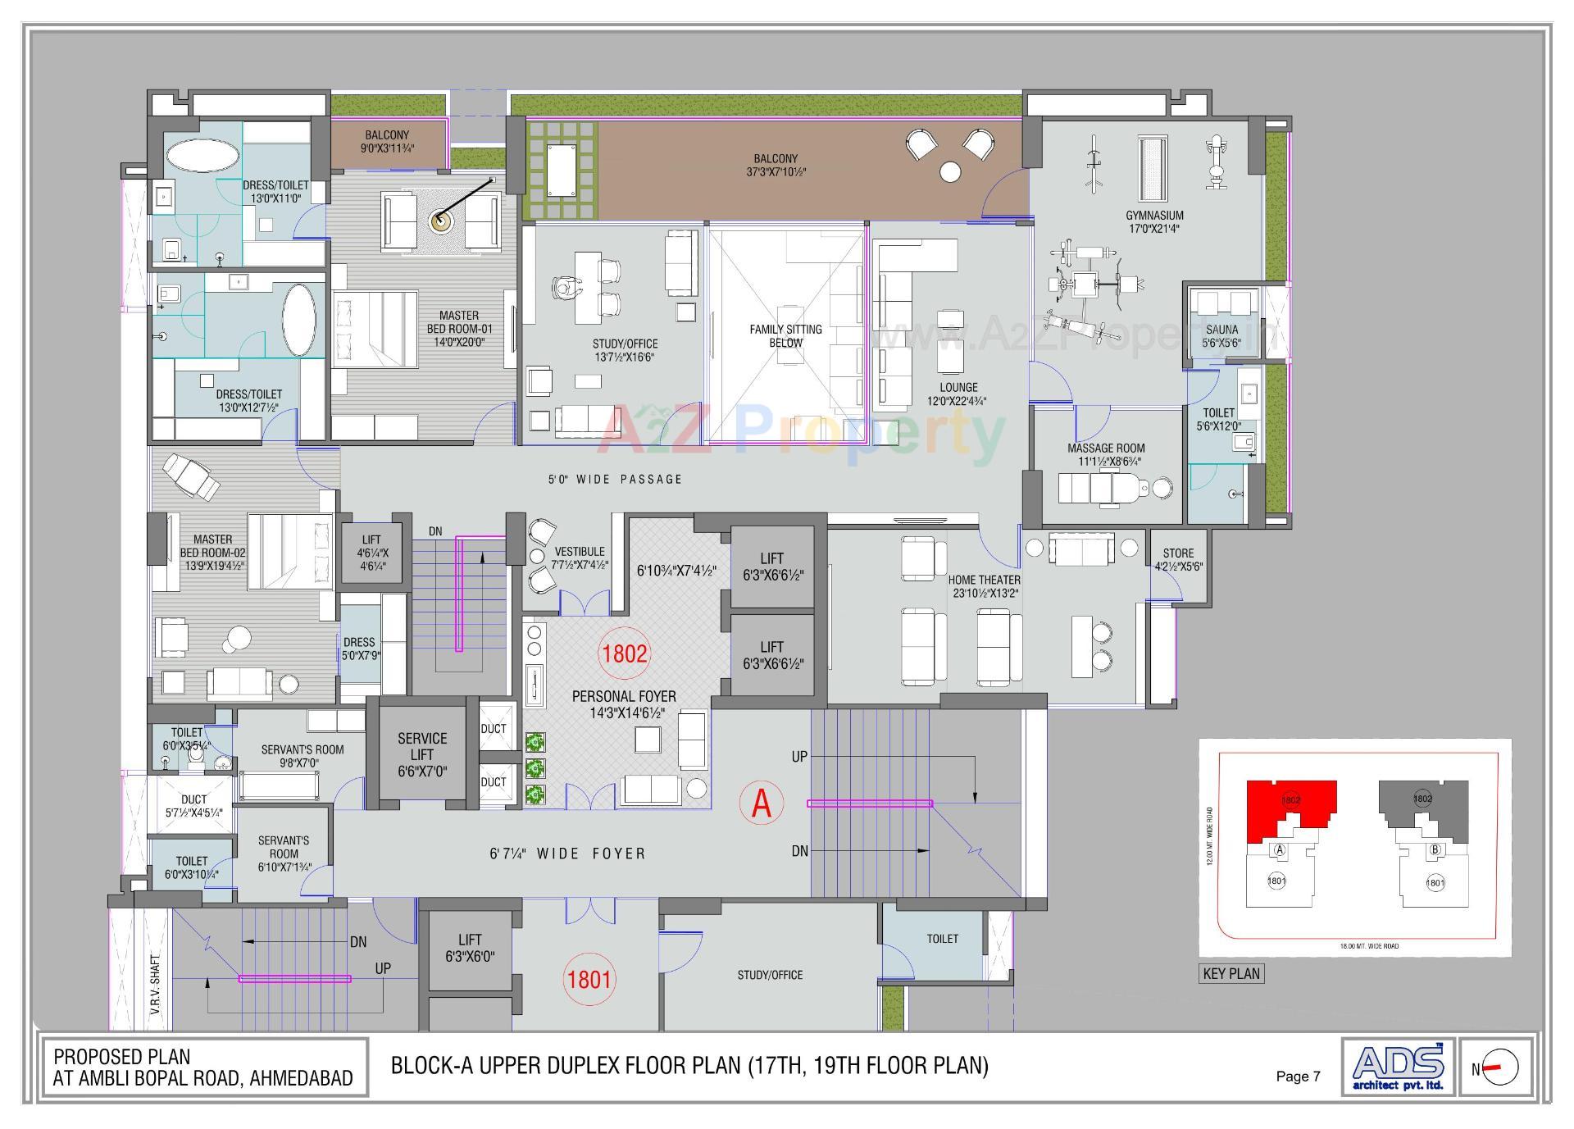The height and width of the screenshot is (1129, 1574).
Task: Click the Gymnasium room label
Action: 1154,216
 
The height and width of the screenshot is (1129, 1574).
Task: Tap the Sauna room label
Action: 1221,330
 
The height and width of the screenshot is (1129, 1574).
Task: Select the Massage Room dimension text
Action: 1106,462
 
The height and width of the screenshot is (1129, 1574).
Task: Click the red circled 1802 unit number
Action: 625,653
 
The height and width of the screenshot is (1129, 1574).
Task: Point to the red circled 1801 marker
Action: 589,979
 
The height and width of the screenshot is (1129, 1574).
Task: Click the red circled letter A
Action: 762,804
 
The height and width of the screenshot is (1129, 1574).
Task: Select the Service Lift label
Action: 422,746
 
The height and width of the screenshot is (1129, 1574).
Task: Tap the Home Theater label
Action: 985,580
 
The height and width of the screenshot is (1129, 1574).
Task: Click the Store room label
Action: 1178,553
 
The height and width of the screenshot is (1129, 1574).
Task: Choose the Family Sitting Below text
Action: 785,336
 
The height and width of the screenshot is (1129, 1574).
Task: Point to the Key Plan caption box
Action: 1231,974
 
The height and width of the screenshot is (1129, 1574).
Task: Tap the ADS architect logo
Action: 1398,1067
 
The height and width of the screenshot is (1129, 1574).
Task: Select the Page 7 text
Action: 1298,1077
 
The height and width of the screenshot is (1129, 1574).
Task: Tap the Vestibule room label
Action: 579,552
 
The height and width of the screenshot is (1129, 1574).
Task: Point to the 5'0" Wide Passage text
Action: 615,480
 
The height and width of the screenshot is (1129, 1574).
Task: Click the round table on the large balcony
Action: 950,172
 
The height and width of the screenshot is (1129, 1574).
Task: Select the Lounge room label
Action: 958,387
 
